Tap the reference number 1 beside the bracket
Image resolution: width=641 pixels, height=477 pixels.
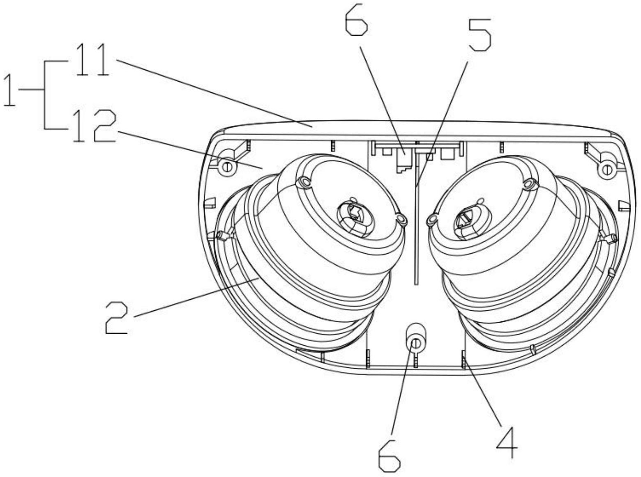(x=9, y=90)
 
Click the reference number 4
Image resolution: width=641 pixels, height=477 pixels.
(x=507, y=443)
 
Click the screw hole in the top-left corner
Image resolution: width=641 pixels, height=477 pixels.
(x=226, y=167)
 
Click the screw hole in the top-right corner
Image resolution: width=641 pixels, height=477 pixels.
(x=606, y=169)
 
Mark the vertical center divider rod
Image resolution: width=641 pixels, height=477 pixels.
(x=416, y=230)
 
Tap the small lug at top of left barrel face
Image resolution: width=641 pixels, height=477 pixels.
(x=304, y=181)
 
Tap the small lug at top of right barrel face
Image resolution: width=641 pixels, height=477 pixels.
(x=530, y=183)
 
